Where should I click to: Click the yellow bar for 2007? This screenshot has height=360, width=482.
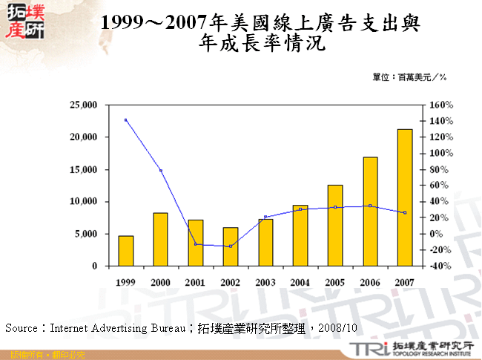coord(405,197)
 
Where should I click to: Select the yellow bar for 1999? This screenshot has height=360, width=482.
coord(126,250)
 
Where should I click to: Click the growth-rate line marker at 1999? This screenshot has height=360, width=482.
coord(126,120)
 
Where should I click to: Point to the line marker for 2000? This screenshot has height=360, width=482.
coord(161,171)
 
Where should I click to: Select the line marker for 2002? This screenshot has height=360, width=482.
coord(231,246)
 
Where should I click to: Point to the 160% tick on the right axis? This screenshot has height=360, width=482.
coord(440,105)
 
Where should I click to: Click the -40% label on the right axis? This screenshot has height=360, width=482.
coord(440,266)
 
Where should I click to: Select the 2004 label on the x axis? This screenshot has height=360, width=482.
coord(300,282)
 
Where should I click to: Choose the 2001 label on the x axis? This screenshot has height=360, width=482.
coord(196,282)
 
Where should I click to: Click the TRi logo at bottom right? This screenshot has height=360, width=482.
coord(366,348)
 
